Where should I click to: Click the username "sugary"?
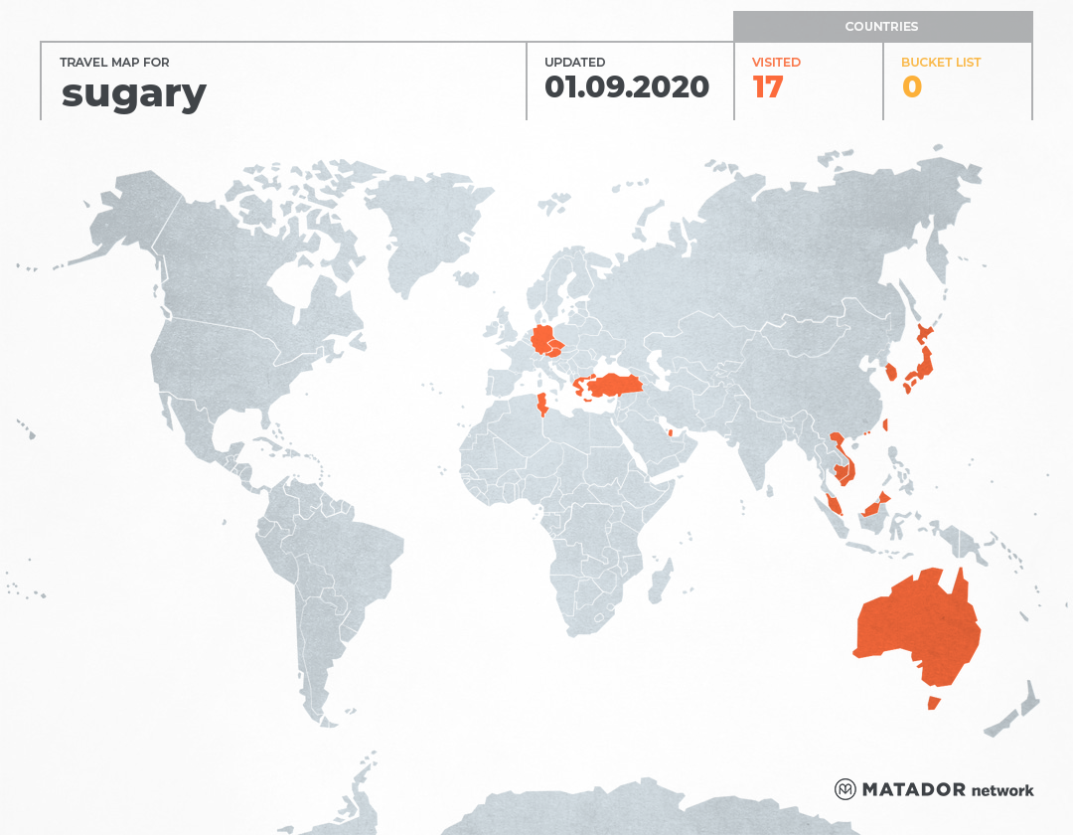pos(133,93)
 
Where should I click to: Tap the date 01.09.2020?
pos(626,87)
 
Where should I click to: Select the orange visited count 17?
pos(768,87)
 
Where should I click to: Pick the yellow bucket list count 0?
pos(911,87)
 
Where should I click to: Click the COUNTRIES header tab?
pos(881,27)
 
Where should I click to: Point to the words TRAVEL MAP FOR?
pos(114,63)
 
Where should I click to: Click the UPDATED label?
pos(574,63)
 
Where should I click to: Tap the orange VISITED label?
pos(776,63)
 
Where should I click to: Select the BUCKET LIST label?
pos(940,63)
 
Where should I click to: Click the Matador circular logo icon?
pos(844,789)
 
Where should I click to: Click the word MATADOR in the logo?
pos(913,790)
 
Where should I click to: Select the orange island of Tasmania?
pos(933,703)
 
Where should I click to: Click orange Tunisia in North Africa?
pos(542,407)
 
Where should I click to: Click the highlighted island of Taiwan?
pos(885,424)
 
